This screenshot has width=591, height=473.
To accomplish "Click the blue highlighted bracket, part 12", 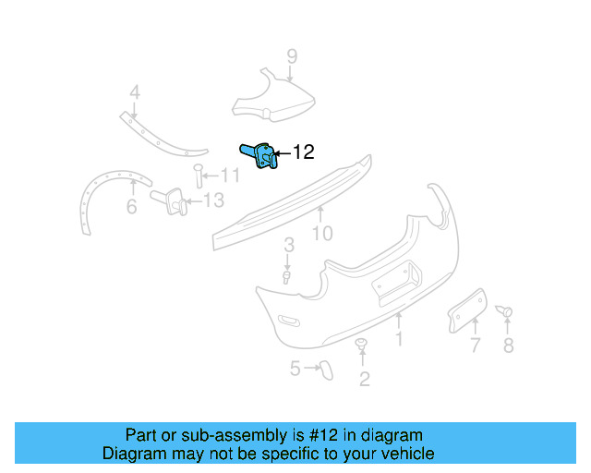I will (261, 155).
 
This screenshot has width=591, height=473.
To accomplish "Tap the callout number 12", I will (303, 153).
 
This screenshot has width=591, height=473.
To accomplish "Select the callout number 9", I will (292, 57).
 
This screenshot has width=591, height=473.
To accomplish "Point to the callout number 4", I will (134, 92).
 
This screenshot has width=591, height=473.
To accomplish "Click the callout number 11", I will (230, 175).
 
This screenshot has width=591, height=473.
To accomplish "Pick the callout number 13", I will (212, 200).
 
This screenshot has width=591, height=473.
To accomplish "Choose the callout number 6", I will (131, 208).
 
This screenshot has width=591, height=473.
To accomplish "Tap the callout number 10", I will (321, 234).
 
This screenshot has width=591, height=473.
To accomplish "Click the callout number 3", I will (289, 245).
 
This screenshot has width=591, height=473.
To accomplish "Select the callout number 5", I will (295, 369).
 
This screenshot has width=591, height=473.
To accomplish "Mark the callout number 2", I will (364, 379).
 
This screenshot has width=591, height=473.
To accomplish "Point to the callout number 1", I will (399, 340).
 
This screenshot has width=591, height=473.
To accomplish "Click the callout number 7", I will (475, 346).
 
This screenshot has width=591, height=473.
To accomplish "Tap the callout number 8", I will (508, 346).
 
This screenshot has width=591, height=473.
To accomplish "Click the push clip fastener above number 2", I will (361, 346).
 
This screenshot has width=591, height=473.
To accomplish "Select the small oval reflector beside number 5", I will (325, 370).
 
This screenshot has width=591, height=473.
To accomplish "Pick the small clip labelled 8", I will (505, 312).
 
